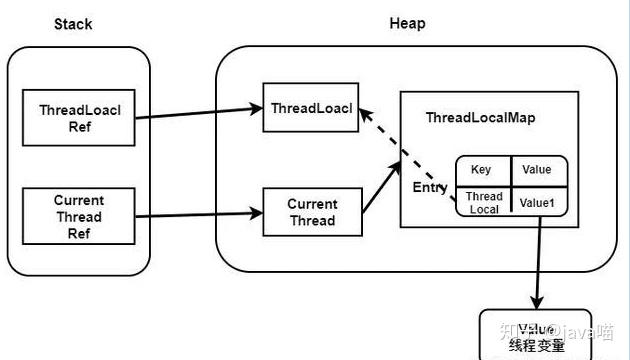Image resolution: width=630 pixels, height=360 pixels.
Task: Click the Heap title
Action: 407,22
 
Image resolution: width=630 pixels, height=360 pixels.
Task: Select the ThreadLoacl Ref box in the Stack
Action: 79,118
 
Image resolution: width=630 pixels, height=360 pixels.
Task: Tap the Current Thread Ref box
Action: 79,215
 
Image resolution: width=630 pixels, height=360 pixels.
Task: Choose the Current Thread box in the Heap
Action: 312,211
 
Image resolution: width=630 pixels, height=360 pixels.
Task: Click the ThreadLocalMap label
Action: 480,117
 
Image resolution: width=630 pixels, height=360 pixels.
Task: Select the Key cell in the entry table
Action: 481,170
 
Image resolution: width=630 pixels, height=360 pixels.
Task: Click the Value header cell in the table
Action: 537,170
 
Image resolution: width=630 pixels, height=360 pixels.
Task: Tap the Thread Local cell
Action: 483,203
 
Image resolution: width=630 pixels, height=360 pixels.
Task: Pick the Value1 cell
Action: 537,203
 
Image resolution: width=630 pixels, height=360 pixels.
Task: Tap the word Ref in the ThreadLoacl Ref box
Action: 79,127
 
